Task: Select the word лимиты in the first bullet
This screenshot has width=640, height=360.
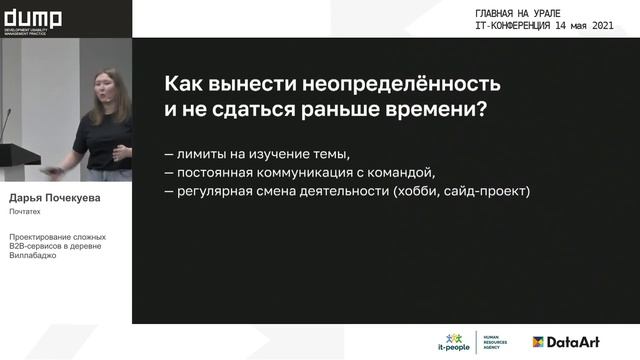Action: (207, 155)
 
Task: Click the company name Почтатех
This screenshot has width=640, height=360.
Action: (27, 212)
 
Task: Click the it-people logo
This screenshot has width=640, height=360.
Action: (456, 341)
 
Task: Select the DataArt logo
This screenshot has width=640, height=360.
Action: (566, 341)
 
